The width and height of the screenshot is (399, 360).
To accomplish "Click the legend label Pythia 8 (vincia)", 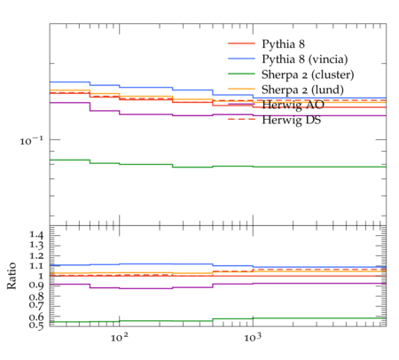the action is (x=305, y=59).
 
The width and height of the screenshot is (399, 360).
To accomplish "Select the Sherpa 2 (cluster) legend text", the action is (x=308, y=74).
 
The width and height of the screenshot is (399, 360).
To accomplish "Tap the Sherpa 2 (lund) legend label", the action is (x=302, y=90).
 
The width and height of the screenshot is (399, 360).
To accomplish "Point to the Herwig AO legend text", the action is (x=293, y=105).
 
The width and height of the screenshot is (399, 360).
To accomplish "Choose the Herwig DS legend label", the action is (x=292, y=120).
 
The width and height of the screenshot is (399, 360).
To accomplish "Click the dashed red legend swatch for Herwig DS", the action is (x=241, y=119).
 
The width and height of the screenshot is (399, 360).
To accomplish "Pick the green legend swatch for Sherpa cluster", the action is (x=241, y=74).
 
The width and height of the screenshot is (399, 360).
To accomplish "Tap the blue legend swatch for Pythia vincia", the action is (x=241, y=59).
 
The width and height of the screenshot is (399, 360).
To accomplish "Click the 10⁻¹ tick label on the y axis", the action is (x=32, y=140).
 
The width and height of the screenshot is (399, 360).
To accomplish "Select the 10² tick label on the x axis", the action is (x=120, y=337).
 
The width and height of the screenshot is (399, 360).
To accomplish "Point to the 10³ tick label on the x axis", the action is (x=253, y=337).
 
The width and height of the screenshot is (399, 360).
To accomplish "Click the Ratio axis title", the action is (x=12, y=276).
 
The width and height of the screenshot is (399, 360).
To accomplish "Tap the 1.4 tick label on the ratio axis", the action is (x=36, y=236).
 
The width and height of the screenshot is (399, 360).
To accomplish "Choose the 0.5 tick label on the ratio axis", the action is (x=36, y=325).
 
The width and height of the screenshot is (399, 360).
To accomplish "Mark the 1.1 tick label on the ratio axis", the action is (x=36, y=266).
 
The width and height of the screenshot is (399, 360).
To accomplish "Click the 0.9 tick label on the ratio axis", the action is (x=36, y=286).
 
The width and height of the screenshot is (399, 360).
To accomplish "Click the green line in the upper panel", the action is (x=218, y=166).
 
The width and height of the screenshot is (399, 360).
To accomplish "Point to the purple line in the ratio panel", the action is (x=218, y=285).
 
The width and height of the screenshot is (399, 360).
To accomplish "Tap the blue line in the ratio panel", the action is (x=218, y=266).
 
